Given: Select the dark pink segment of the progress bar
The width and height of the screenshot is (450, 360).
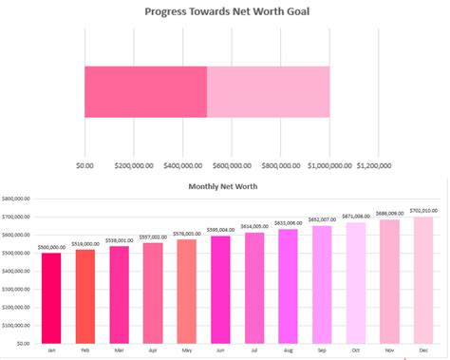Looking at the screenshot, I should point(145,92).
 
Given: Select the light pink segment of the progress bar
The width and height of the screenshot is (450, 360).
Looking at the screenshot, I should point(268,92).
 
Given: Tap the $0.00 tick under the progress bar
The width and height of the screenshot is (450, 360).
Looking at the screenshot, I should point(84,164).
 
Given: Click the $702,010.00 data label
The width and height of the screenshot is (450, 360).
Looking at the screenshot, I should point(423,210).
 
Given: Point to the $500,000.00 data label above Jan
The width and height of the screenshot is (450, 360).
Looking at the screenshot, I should point(51,247).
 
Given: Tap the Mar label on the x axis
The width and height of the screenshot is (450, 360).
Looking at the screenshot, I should point(119,351).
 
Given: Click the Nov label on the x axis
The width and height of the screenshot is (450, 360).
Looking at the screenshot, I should point(390,351).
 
